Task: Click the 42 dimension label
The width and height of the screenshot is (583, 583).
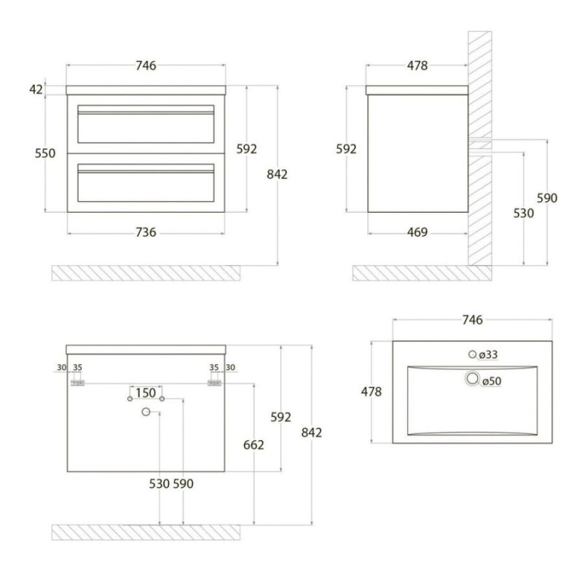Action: [x=36, y=90]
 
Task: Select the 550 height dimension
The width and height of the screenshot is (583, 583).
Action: [x=45, y=153]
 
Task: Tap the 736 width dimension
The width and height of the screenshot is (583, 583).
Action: [x=146, y=232]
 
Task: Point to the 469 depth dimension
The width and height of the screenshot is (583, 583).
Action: [x=417, y=232]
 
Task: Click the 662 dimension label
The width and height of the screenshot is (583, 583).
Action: [x=254, y=445]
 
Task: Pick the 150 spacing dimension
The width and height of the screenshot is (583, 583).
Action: [x=145, y=393]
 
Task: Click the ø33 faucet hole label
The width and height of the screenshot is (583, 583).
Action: [x=488, y=355]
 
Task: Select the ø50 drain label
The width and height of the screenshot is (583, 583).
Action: [x=492, y=381]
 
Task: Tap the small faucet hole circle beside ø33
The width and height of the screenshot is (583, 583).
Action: [x=472, y=354]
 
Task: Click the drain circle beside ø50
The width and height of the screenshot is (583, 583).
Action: [x=472, y=378]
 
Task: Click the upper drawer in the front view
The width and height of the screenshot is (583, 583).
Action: [x=146, y=124]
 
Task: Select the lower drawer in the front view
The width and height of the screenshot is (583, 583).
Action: [x=146, y=183]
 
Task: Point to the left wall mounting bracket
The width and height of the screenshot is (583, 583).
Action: [x=78, y=383]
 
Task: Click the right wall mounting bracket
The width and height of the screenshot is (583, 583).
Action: [x=214, y=383]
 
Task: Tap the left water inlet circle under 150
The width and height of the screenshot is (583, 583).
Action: [x=130, y=399]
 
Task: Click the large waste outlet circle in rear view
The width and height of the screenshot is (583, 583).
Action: [x=146, y=412]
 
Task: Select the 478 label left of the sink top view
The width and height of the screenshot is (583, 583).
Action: [x=372, y=392]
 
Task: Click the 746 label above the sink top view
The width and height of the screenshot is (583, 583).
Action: [x=472, y=320]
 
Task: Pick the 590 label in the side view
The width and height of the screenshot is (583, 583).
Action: [x=547, y=198]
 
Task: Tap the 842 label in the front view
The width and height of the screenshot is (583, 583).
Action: [x=277, y=174]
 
